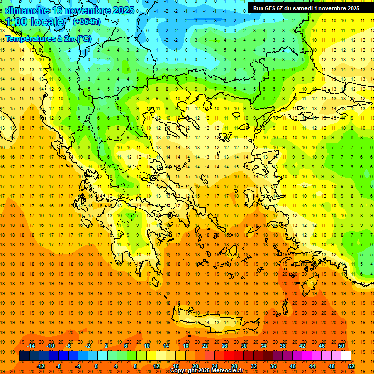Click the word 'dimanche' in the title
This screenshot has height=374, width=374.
27,10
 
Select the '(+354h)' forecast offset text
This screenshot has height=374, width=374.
86,21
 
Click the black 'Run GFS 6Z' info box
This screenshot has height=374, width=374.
306,8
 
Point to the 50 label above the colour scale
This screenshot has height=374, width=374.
341,346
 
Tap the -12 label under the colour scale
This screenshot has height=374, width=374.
40,366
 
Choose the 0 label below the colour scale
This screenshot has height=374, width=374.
96,366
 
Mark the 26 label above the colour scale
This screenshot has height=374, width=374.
224,346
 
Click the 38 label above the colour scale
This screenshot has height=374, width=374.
283,346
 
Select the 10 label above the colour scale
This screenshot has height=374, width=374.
147,346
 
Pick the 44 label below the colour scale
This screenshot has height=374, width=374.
312,366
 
